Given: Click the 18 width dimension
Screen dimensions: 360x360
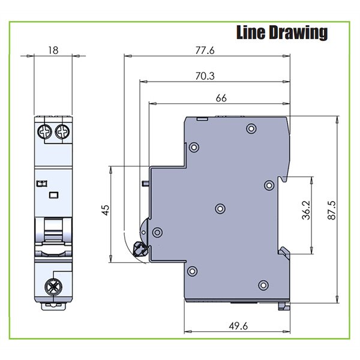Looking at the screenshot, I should [53, 51].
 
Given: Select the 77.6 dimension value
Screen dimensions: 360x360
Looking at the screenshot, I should [204, 51].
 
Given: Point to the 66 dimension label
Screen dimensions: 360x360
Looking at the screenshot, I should [221, 98].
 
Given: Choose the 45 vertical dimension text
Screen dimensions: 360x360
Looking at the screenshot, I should [106, 210].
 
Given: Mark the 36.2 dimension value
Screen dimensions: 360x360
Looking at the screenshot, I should [306, 211].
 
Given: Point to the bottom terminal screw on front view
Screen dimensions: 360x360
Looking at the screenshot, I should [53, 285].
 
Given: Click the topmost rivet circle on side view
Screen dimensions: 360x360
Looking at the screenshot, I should [251, 128].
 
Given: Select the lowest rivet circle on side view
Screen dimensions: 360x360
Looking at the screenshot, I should [263, 285].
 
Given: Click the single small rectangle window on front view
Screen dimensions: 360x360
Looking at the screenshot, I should [53, 194].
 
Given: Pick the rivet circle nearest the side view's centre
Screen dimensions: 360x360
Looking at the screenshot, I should [220, 208].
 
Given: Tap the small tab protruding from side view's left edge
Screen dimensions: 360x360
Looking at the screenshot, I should [146, 182].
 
